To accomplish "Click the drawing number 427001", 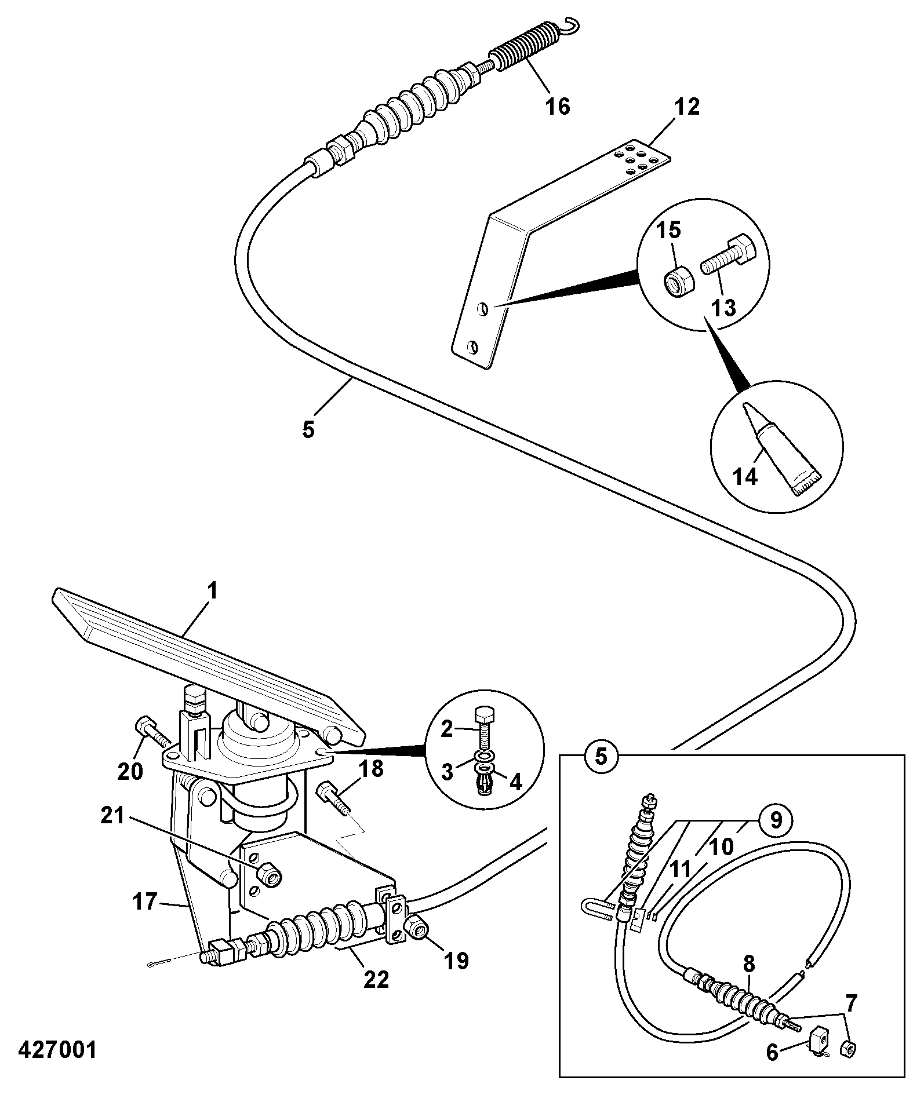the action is click(x=57, y=1050).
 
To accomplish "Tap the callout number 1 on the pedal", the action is click(x=212, y=592).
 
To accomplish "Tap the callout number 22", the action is click(x=376, y=980).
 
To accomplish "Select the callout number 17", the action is click(x=144, y=902).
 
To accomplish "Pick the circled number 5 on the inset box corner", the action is click(x=602, y=755).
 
